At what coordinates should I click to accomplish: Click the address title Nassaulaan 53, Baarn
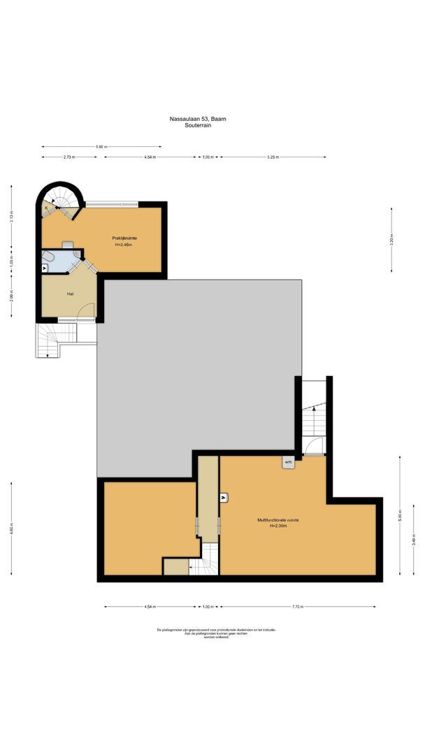pos(198,120)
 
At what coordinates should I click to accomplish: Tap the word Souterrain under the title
pos(198,126)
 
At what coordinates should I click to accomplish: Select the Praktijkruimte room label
pos(124,238)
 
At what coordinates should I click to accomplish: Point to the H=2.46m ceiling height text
pos(124,245)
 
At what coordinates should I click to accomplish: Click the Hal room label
pos(71,294)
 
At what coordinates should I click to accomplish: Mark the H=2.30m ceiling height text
pos(279,526)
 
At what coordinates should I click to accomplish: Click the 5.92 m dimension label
pos(101,147)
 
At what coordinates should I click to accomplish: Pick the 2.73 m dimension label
pos(69,157)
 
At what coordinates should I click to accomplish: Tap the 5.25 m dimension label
pos(273,157)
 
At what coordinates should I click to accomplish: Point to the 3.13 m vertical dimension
pos(11,217)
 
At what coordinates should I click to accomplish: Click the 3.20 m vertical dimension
pos(391,238)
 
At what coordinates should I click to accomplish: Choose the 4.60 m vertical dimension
pos(11,529)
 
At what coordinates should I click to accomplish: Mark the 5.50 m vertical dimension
pos(400,517)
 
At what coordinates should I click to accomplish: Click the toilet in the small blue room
pos(48,257)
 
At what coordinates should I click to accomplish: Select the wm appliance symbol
pos(288,462)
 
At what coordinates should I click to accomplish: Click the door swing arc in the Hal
pos(87,310)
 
